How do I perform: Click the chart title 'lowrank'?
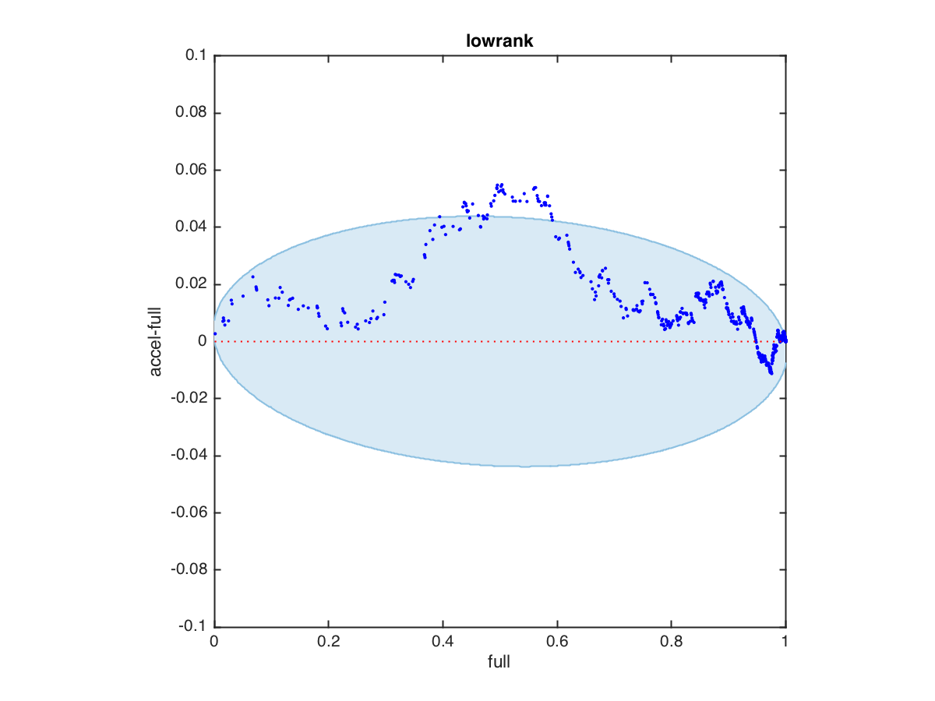pyautogui.click(x=499, y=41)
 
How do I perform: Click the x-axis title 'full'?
pyautogui.click(x=499, y=662)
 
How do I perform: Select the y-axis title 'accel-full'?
pyautogui.click(x=157, y=341)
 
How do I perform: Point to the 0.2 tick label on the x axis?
pyautogui.click(x=328, y=643)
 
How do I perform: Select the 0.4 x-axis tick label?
pyautogui.click(x=443, y=643)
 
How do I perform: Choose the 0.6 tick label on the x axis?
pyautogui.click(x=557, y=643)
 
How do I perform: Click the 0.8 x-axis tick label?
pyautogui.click(x=671, y=643)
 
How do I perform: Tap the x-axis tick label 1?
pyautogui.click(x=785, y=643)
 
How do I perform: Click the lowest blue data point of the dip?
pyautogui.click(x=771, y=373)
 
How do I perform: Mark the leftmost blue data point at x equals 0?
pyautogui.click(x=215, y=333)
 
